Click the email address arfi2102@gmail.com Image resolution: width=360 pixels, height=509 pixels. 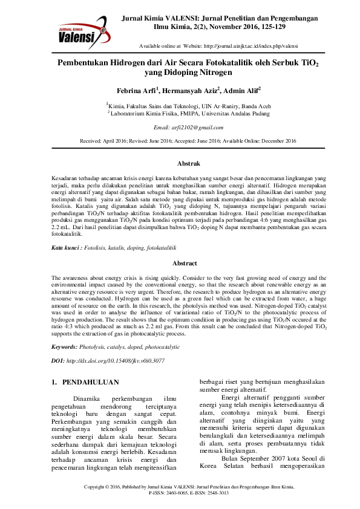188,128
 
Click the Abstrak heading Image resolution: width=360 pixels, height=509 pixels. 188,163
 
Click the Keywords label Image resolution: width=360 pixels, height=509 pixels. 64,347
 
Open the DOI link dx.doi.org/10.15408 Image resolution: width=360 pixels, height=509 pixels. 114,360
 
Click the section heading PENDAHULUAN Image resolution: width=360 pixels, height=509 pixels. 91,382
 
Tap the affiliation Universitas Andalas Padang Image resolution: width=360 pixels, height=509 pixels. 235,113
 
